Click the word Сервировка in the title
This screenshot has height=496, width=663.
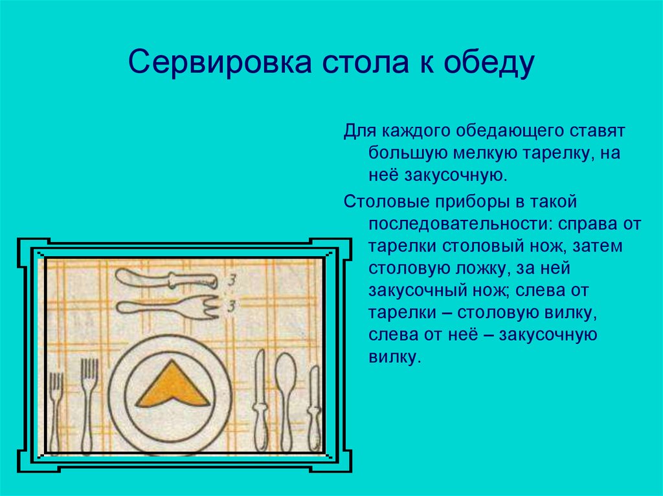click(220, 62)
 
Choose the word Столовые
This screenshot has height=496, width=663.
click(385, 202)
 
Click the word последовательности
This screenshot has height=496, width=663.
click(460, 224)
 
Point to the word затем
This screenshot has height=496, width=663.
click(598, 246)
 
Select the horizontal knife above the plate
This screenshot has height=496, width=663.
click(166, 279)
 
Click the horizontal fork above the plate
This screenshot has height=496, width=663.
click(168, 307)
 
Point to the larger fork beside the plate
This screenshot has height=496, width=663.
click(88, 405)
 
